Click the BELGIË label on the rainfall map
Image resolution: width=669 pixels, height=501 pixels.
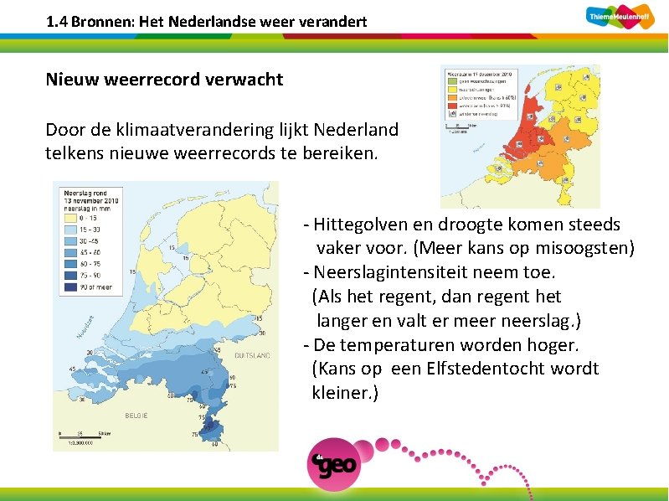coord(136,415)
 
